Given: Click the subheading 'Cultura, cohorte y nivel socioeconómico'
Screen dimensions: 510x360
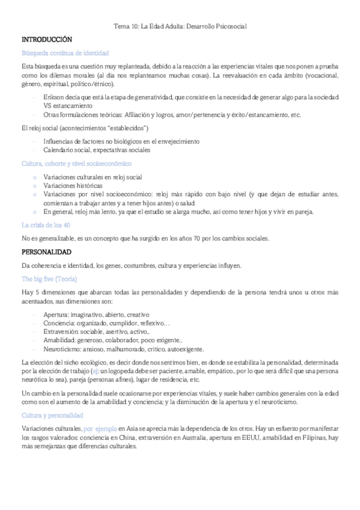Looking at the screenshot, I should click(x=77, y=163).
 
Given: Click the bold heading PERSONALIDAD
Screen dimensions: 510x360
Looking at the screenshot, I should click(x=46, y=251).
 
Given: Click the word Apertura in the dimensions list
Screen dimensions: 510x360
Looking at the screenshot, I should click(x=56, y=315).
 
